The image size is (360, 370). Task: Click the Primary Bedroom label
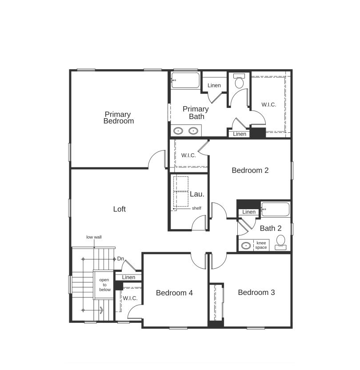click(118, 118)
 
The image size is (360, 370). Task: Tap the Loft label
click(119, 209)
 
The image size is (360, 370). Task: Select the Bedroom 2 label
click(250, 170)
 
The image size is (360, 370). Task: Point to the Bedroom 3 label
click(256, 292)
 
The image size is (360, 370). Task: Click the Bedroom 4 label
click(174, 293)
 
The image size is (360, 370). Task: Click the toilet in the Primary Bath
click(239, 82)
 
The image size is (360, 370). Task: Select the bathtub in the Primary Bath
click(185, 80)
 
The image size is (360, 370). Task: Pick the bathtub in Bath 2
click(275, 209)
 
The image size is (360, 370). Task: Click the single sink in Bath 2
click(245, 246)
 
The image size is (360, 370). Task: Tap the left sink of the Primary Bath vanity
click(178, 131)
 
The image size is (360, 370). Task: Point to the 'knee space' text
click(261, 245)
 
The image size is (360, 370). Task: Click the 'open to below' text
click(104, 285)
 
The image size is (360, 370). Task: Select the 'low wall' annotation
click(94, 237)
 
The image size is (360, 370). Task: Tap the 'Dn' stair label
click(120, 259)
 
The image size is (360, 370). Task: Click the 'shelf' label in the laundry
click(196, 208)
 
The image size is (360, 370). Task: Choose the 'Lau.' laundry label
click(197, 194)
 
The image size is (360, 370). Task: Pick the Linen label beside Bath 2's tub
click(249, 212)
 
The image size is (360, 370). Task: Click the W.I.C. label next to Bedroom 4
click(130, 298)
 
